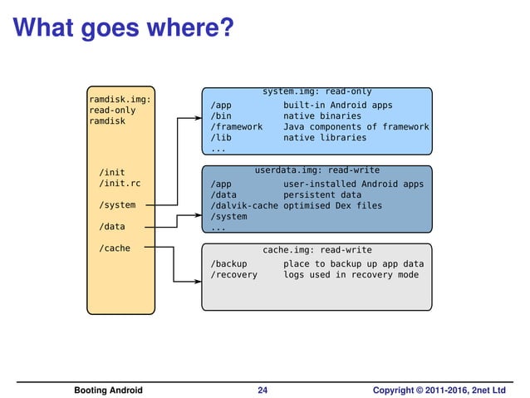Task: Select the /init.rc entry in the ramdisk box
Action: (x=119, y=183)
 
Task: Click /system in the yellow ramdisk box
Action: (x=116, y=204)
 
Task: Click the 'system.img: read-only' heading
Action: (x=317, y=91)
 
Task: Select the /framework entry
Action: (x=237, y=127)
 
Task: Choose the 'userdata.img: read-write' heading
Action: (x=317, y=170)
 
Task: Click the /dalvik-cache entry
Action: (x=244, y=205)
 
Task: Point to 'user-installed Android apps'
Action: (x=353, y=184)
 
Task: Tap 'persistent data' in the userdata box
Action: (x=322, y=194)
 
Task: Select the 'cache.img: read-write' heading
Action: (x=317, y=249)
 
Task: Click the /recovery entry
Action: (x=234, y=274)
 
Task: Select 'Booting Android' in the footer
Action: (x=108, y=390)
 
